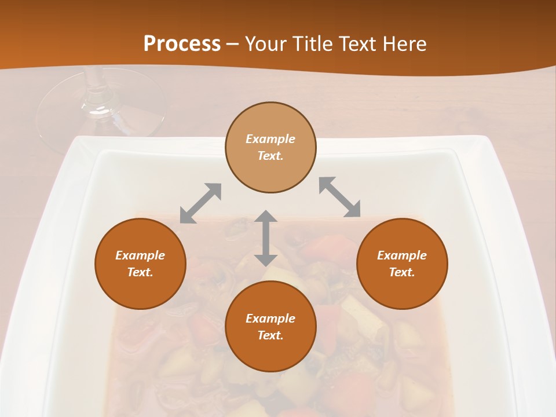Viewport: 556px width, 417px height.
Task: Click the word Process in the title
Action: click(x=182, y=44)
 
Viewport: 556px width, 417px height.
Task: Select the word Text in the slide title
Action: click(x=358, y=44)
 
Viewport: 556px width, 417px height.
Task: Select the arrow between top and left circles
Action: click(x=200, y=203)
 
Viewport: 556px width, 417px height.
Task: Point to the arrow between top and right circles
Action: click(x=340, y=197)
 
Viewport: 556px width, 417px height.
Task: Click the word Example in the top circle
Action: click(x=270, y=139)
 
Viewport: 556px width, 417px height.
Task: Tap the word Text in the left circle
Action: click(x=140, y=272)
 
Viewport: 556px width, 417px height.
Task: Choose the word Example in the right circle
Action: click(x=402, y=255)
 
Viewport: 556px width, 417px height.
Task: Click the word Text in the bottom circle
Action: click(x=270, y=335)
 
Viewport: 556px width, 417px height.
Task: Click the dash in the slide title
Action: click(x=232, y=45)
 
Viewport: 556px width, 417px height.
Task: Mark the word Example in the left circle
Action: click(x=140, y=255)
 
